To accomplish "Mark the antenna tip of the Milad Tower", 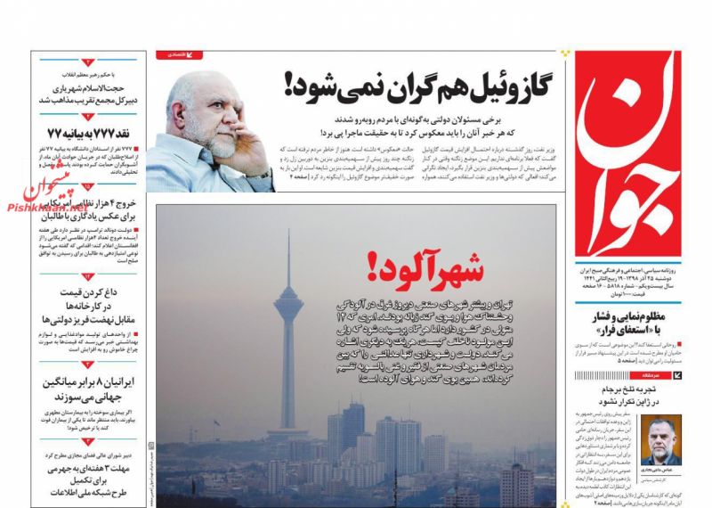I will [x=287, y=233].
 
